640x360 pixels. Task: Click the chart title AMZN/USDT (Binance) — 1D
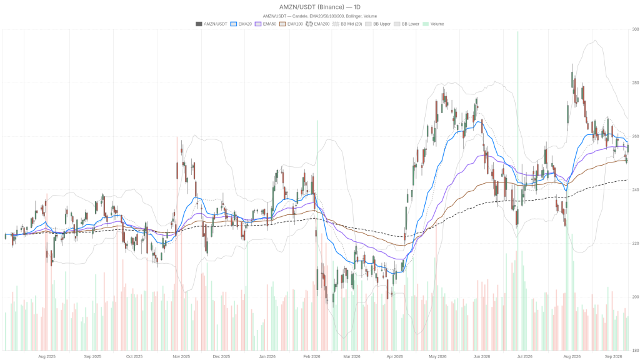pyautogui.click(x=319, y=7)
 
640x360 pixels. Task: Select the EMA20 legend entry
pyautogui.click(x=241, y=24)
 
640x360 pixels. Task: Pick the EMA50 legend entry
pyautogui.click(x=266, y=24)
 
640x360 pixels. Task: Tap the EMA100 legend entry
pyautogui.click(x=291, y=24)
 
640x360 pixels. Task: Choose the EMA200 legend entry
pyautogui.click(x=317, y=24)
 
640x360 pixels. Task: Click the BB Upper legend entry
pyautogui.click(x=378, y=24)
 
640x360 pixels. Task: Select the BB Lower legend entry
pyautogui.click(x=406, y=24)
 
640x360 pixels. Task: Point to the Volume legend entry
pyautogui.click(x=433, y=24)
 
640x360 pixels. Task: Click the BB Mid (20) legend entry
pyautogui.click(x=347, y=24)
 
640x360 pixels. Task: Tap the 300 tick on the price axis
pyautogui.click(x=636, y=29)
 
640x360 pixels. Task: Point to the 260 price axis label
pyautogui.click(x=636, y=136)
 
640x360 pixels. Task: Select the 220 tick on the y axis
pyautogui.click(x=636, y=243)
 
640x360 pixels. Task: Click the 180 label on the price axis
pyautogui.click(x=636, y=350)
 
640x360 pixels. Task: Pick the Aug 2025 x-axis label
pyautogui.click(x=47, y=356)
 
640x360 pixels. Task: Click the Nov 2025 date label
pyautogui.click(x=181, y=356)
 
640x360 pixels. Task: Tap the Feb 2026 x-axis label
pyautogui.click(x=312, y=356)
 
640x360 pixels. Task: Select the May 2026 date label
pyautogui.click(x=437, y=356)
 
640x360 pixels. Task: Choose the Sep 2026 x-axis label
pyautogui.click(x=614, y=356)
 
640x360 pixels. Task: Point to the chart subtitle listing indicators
pyautogui.click(x=319, y=16)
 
